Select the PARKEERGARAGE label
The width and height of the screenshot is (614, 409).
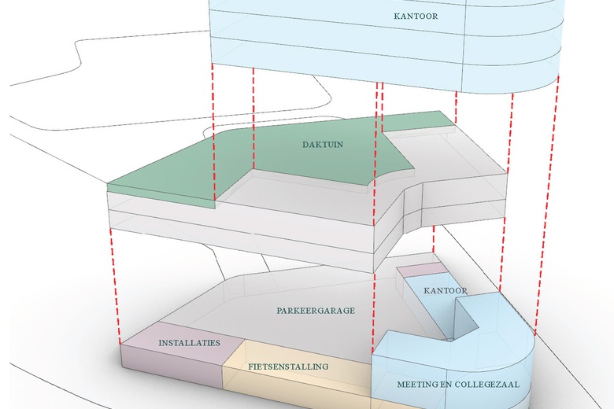316,311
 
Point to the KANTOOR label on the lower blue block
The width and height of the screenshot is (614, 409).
445,291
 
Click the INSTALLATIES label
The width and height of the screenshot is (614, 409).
189,343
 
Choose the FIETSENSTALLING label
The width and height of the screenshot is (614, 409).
288,367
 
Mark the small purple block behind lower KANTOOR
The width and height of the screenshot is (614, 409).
420,270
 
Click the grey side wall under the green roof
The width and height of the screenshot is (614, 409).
236,232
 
